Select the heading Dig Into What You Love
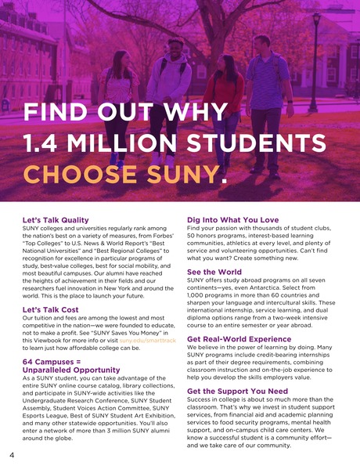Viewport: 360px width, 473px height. pos(232,220)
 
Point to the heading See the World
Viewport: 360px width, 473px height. pos(214,271)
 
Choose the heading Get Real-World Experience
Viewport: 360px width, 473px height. pos(239,338)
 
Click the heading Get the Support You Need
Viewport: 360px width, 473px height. pos(236,390)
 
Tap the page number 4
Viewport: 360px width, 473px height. pos(12,455)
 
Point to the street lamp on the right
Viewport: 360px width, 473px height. pos(315,55)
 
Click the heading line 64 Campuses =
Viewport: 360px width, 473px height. pos(53,361)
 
